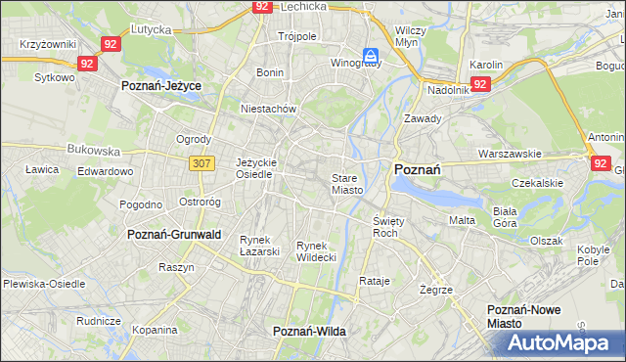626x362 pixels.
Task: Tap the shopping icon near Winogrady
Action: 371,56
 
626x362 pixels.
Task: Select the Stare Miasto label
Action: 347,184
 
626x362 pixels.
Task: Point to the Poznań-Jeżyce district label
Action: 161,86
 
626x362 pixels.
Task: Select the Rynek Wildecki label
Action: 316,250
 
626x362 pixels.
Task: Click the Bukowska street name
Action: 93,152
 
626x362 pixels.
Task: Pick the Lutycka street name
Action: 151,30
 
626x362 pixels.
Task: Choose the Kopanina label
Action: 154,330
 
